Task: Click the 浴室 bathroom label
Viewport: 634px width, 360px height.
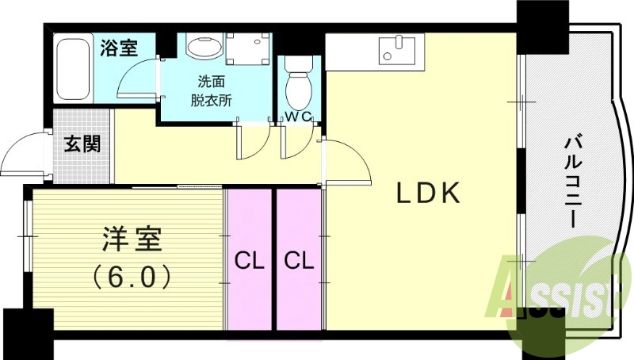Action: (118, 47)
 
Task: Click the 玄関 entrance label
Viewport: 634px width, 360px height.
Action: (82, 144)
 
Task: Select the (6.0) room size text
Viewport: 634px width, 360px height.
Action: (132, 277)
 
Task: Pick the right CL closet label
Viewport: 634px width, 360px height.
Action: (297, 259)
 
